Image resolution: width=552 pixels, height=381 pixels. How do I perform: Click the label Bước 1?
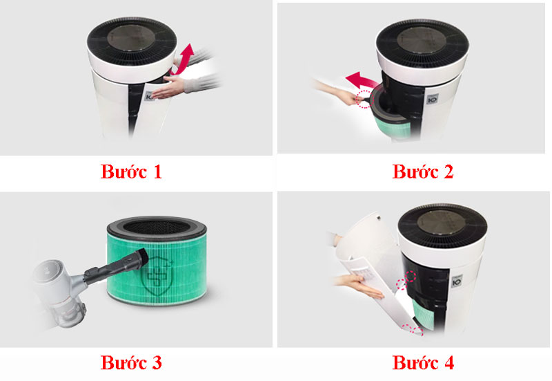(x=131, y=171)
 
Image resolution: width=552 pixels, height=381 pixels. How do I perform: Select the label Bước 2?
(x=423, y=171)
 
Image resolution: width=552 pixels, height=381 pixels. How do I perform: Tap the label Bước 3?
(x=131, y=362)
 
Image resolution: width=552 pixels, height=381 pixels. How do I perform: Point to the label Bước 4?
(x=423, y=362)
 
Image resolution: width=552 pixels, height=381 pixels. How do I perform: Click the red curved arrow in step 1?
(x=184, y=61)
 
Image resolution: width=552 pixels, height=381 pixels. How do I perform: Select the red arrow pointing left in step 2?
(x=361, y=80)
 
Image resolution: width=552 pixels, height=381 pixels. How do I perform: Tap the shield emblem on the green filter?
(x=156, y=276)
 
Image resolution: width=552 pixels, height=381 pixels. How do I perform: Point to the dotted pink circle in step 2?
(x=364, y=99)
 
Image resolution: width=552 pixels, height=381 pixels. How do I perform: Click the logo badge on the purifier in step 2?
(x=433, y=100)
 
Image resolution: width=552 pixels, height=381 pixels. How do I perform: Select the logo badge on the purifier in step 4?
(x=457, y=282)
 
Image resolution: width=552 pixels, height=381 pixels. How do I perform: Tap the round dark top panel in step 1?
(x=131, y=38)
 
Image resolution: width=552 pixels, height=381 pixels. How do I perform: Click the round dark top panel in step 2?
(x=422, y=40)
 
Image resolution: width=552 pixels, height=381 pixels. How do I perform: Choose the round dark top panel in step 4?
(x=442, y=223)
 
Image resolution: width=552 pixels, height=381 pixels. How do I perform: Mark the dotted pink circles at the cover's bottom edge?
(x=413, y=330)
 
